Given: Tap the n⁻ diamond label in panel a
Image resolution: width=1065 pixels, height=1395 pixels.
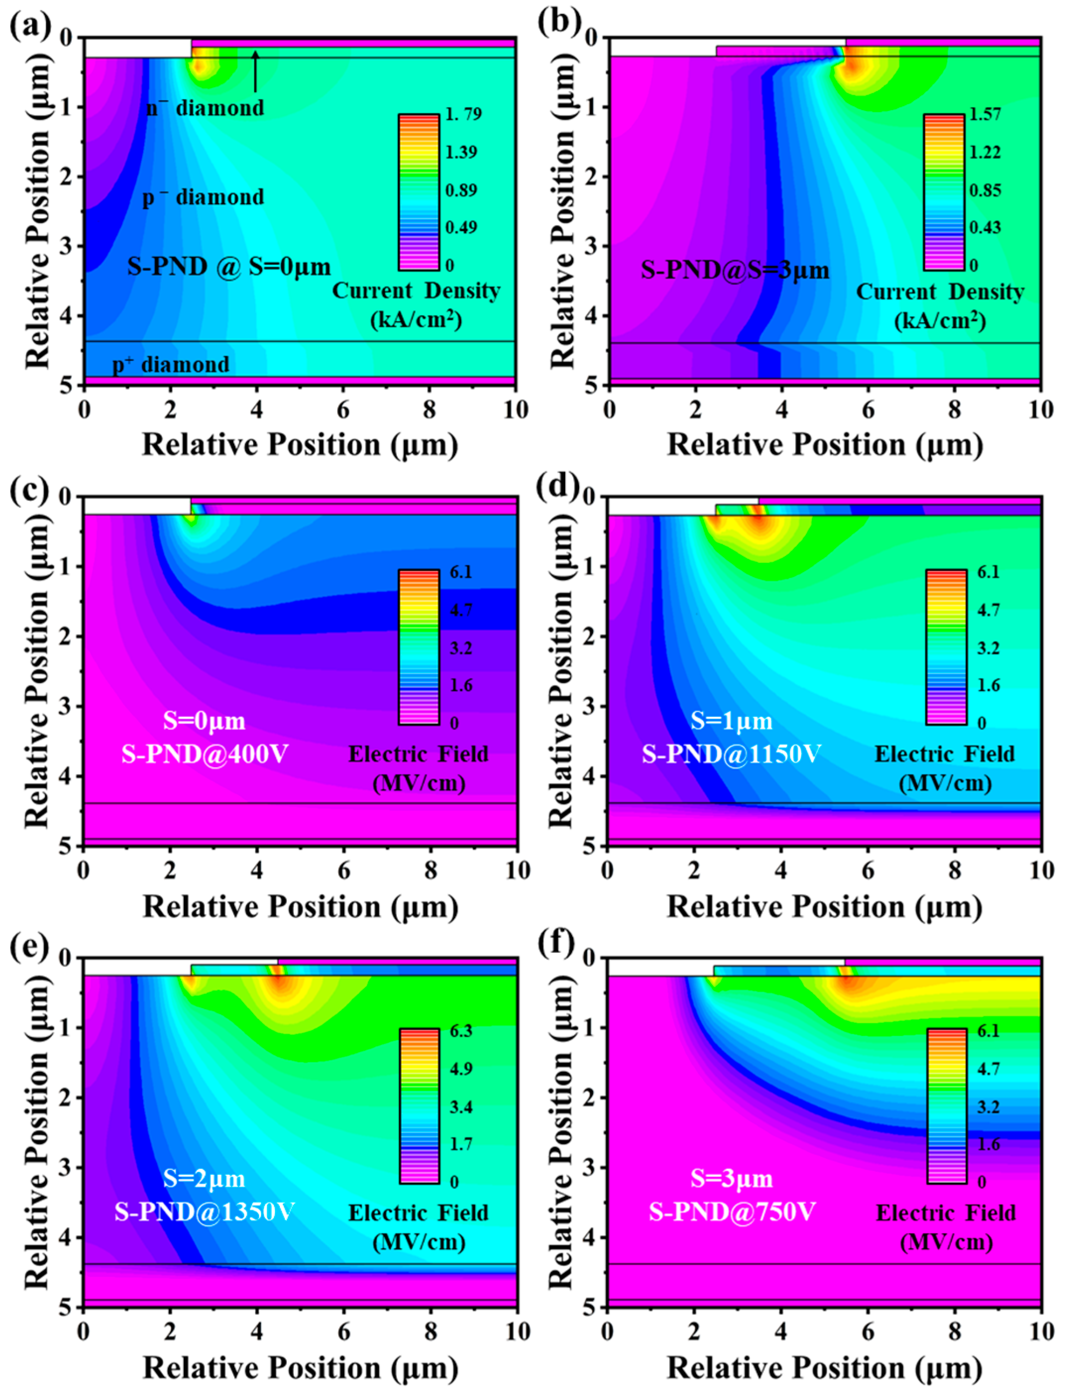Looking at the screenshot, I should pyautogui.click(x=205, y=109).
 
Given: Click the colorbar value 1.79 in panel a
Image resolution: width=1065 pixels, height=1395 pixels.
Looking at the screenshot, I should pyautogui.click(x=464, y=114).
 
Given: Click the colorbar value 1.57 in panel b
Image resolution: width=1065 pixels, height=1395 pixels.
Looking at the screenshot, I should pyautogui.click(x=985, y=114).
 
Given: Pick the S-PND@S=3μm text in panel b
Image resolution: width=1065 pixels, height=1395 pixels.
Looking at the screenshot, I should pyautogui.click(x=735, y=271).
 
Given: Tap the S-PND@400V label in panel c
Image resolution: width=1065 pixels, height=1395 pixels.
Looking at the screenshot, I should pyautogui.click(x=204, y=754).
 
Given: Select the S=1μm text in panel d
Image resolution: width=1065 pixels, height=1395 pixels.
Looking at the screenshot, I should pyautogui.click(x=731, y=721).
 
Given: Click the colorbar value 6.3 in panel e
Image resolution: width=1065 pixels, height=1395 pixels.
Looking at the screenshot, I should pyautogui.click(x=460, y=1030).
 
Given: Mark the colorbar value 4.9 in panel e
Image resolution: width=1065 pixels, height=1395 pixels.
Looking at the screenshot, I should pyautogui.click(x=460, y=1068).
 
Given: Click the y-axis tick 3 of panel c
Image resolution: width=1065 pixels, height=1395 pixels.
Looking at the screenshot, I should pyautogui.click(x=66, y=706).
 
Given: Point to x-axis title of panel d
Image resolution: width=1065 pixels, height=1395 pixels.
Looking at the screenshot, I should pyautogui.click(x=824, y=907).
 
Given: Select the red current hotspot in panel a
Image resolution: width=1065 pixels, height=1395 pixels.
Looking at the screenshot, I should pyautogui.click(x=199, y=66).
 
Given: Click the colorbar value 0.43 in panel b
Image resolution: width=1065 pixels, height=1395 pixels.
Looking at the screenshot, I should pyautogui.click(x=985, y=227).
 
